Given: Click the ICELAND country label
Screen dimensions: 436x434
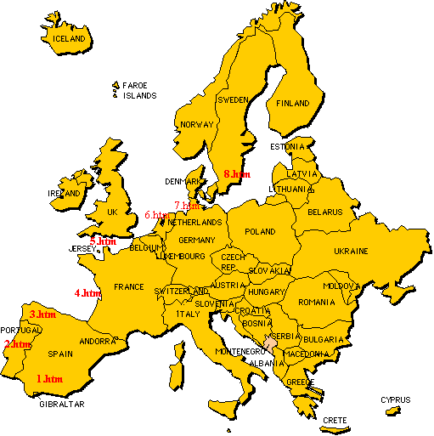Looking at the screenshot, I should [x=69, y=39].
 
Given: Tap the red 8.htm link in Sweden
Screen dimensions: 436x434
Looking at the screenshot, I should [x=237, y=173].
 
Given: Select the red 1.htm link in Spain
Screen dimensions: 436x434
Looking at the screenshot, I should [x=48, y=378].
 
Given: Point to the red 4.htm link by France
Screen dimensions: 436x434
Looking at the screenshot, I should [x=87, y=293].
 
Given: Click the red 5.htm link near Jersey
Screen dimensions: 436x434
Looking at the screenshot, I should [x=103, y=241].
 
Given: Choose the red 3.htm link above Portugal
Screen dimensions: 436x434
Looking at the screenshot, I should [x=42, y=314].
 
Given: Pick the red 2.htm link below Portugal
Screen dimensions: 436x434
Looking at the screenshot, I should [x=18, y=344].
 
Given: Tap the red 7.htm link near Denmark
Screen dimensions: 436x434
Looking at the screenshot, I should [x=187, y=205].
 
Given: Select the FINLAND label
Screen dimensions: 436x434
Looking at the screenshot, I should [x=293, y=104].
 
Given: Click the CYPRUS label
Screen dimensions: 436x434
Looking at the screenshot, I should [x=395, y=399].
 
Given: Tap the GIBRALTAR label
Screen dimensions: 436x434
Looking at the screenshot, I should [x=62, y=405].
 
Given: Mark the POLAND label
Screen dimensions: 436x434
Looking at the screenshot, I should [x=261, y=231].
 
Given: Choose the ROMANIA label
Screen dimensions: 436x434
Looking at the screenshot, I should [x=317, y=302].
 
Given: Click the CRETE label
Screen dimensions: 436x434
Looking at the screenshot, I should [x=335, y=420].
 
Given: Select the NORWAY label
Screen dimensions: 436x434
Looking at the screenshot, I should [x=196, y=125].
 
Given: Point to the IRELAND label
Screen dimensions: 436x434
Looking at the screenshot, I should [x=65, y=193].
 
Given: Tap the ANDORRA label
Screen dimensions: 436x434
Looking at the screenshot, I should [x=97, y=341].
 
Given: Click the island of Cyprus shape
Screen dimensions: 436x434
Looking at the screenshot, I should [x=392, y=411].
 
